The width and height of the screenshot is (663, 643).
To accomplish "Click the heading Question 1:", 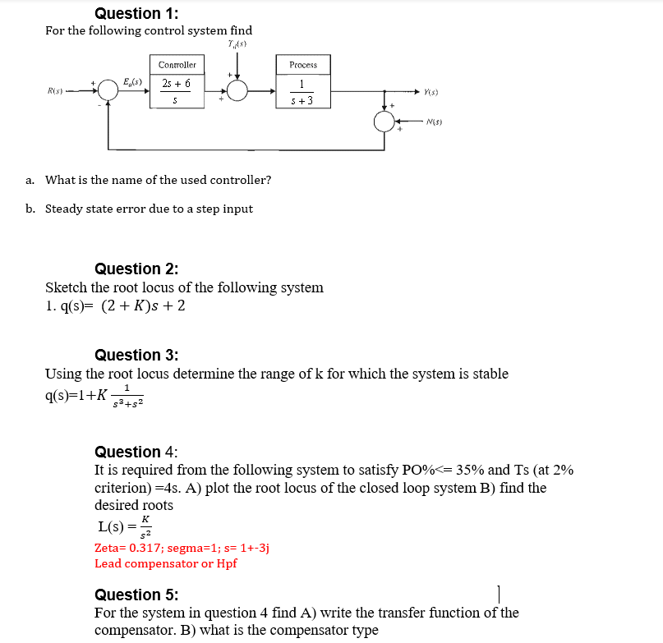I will click(x=136, y=13).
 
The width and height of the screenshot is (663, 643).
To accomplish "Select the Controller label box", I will click(x=177, y=65).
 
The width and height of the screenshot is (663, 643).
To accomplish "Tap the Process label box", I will click(x=302, y=65).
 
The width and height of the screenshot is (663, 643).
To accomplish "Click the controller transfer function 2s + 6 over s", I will click(x=177, y=91).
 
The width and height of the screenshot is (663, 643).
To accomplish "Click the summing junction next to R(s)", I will click(x=109, y=91).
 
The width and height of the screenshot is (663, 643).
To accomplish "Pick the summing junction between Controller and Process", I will click(x=237, y=91).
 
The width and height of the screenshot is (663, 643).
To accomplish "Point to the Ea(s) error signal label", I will click(x=132, y=81).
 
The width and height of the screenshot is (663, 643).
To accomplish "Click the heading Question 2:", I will click(x=136, y=269).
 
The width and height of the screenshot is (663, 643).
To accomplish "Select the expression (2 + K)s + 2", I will click(x=142, y=306).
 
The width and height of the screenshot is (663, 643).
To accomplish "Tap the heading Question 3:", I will click(x=136, y=355).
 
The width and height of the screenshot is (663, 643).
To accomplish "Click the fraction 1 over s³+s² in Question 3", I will click(x=127, y=396).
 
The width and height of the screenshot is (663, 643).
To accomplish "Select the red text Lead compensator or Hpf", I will click(x=165, y=563).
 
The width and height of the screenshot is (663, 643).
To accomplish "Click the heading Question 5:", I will click(x=136, y=595).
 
